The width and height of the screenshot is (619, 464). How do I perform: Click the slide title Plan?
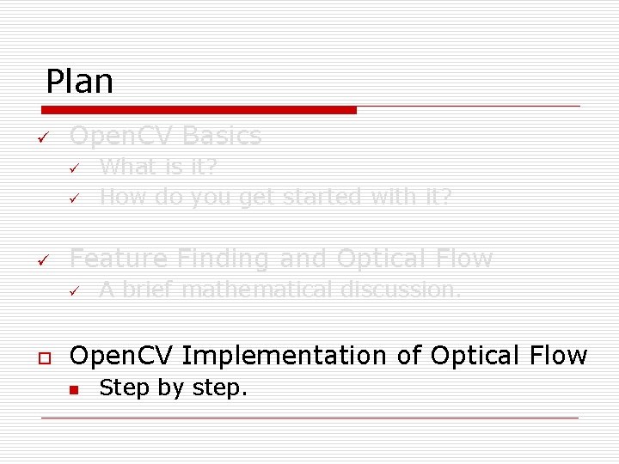[79, 82]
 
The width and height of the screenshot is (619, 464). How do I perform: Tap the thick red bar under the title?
[199, 110]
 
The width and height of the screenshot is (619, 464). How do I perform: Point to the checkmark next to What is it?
[75, 168]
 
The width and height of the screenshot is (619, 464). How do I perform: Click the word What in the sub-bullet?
[121, 167]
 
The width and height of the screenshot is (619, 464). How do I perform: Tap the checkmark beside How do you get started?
[75, 198]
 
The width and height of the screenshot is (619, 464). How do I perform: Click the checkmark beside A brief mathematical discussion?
[75, 290]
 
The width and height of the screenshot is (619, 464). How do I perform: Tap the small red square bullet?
[75, 389]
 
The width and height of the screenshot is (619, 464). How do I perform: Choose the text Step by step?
[173, 388]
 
